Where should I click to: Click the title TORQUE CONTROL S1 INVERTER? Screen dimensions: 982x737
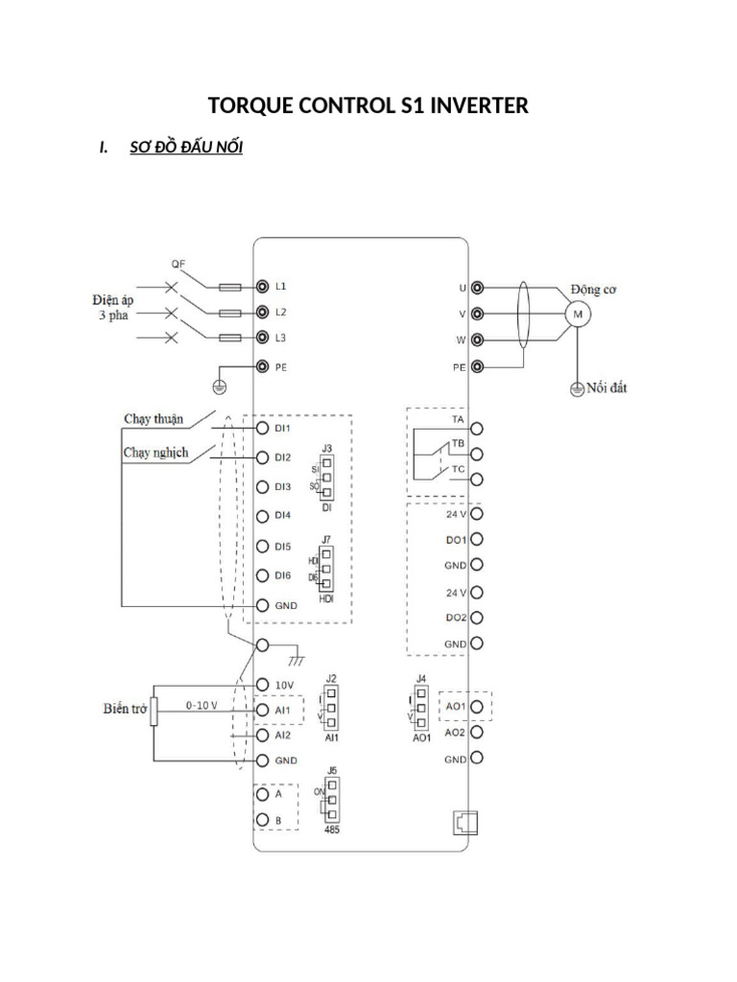coord(368,105)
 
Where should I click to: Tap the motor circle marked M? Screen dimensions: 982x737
coord(578,314)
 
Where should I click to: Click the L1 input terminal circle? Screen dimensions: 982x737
coord(261,287)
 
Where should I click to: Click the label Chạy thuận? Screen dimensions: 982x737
coord(155,418)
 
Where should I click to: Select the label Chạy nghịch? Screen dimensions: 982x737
coord(155,452)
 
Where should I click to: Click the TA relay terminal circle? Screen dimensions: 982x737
coord(477,429)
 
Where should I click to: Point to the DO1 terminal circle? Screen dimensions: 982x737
coord(477,540)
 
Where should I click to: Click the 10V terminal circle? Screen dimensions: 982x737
coord(261,684)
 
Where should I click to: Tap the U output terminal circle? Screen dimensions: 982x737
coord(477,288)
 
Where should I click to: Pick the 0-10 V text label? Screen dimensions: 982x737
coord(202,704)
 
